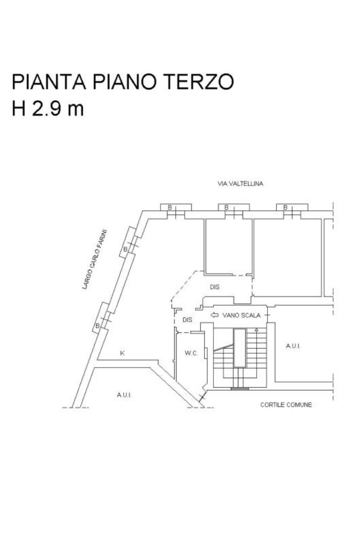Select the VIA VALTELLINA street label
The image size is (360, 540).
[x=240, y=184]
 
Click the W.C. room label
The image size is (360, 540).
[x=191, y=353]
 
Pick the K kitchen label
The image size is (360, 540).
[x=122, y=353]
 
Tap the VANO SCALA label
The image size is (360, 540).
[x=241, y=315]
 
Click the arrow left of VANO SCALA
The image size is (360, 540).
[x=214, y=315]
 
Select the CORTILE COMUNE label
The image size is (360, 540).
[x=286, y=405]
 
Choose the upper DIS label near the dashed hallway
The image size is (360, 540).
[x=214, y=287]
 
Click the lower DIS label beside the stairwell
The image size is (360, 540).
[x=187, y=320]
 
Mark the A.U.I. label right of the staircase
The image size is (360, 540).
[x=293, y=346]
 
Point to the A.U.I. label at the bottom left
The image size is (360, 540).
[x=124, y=395]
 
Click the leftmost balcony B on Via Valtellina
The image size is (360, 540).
[x=170, y=207]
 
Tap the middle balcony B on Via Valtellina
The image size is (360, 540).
[x=226, y=207]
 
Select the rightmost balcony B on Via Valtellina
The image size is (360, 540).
[x=285, y=207]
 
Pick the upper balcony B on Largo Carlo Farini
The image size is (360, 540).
[x=125, y=249]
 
